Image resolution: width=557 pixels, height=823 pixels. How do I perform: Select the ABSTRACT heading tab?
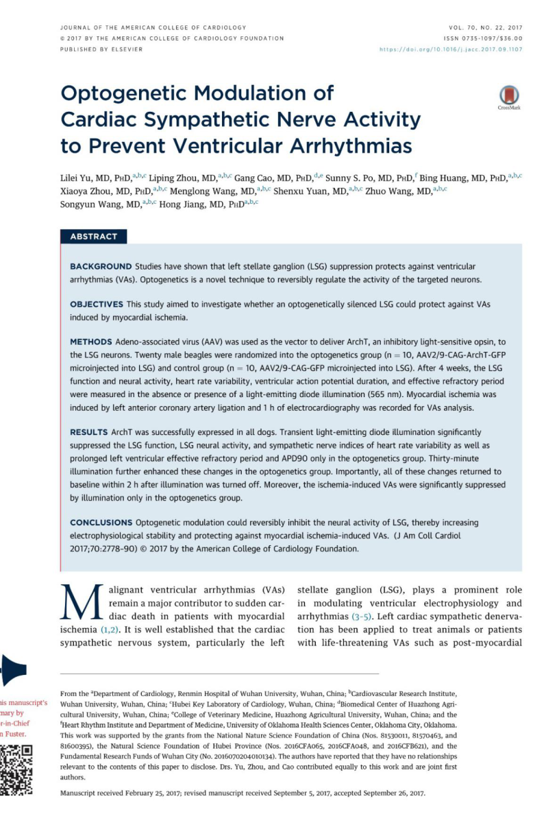click(x=93, y=237)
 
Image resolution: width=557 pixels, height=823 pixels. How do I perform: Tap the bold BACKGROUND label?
click(x=100, y=266)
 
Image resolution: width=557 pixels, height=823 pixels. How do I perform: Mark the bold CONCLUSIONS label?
click(x=101, y=523)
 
